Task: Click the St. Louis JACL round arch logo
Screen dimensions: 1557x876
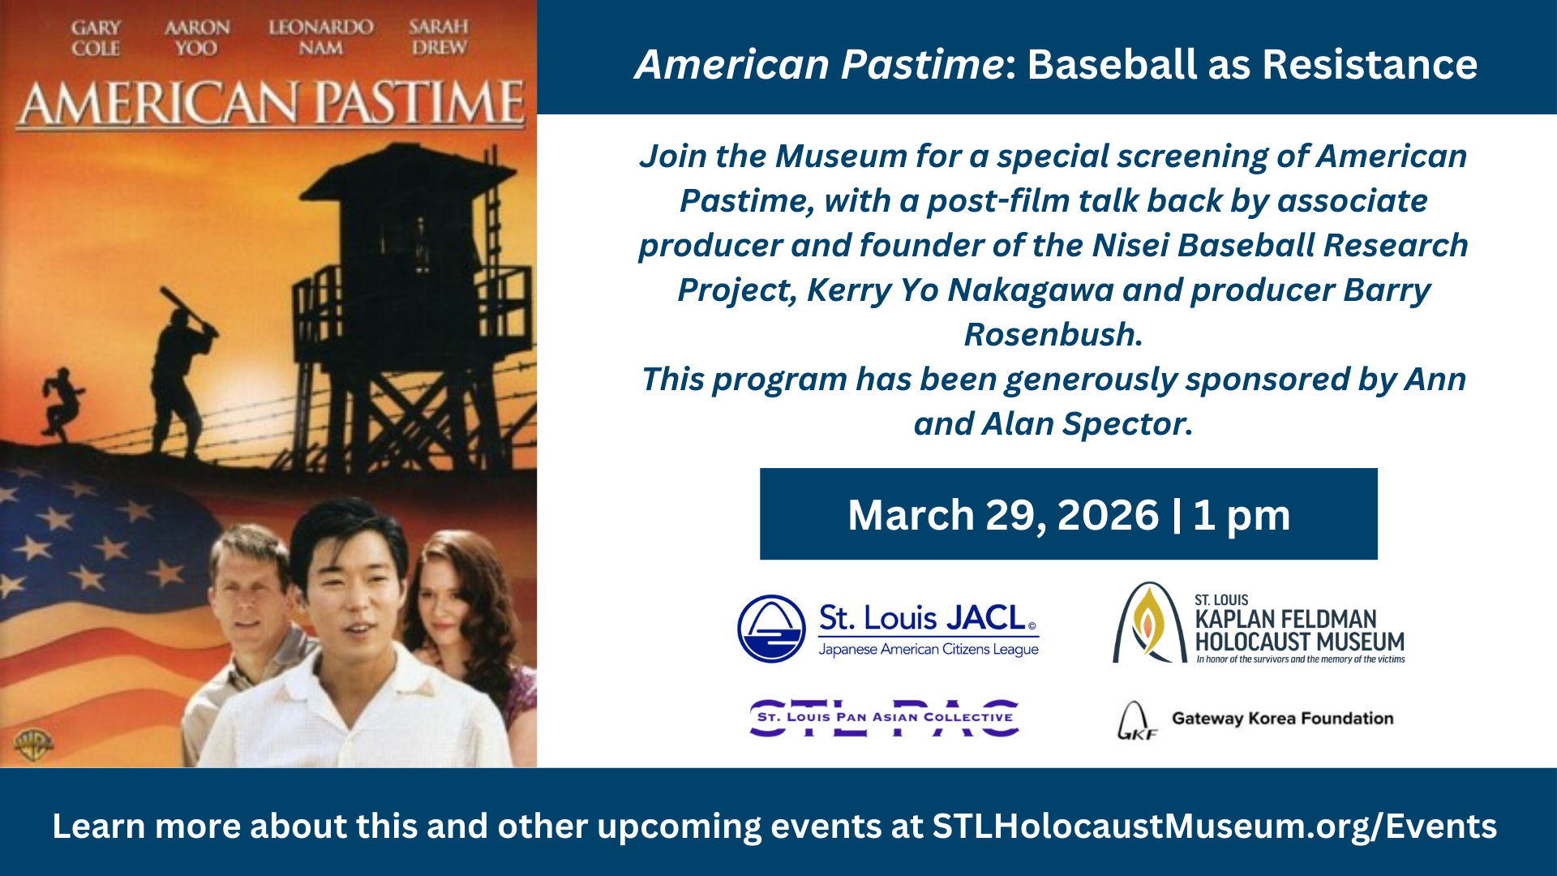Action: pos(771,629)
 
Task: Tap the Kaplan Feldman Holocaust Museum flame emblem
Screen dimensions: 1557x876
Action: pos(1147,623)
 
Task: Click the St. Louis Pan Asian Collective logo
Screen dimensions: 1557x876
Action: pos(885,718)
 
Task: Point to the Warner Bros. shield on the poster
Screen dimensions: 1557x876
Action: pos(33,744)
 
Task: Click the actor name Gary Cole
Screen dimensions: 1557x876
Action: pos(96,38)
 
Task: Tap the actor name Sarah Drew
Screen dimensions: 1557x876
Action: pos(439,37)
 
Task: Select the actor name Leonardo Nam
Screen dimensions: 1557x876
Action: pos(321,37)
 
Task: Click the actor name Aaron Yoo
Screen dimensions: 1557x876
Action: pos(197,38)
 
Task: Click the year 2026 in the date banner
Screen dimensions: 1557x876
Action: pos(1109,515)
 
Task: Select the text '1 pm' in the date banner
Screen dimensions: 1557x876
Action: pos(1242,516)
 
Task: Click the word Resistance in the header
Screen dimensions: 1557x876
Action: pos(1370,64)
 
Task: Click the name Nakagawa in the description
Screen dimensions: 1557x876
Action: pos(1031,290)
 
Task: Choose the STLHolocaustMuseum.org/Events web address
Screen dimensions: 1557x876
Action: pos(1215,827)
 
